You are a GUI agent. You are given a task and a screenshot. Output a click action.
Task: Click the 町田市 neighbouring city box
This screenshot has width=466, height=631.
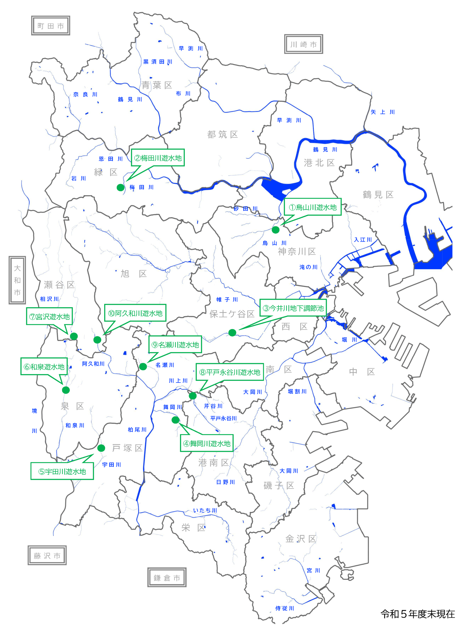click(51, 26)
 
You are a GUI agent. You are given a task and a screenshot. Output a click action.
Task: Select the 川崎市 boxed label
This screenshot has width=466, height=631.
click(303, 44)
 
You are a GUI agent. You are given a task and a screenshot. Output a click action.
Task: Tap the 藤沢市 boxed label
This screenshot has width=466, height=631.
click(47, 555)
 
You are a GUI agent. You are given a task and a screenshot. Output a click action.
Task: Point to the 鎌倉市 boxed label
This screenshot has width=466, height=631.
click(167, 577)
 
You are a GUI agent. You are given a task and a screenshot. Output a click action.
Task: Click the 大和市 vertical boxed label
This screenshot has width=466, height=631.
click(17, 280)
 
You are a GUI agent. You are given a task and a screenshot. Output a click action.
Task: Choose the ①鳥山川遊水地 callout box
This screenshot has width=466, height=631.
click(312, 207)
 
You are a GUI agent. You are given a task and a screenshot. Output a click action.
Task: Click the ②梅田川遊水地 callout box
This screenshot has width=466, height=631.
click(158, 158)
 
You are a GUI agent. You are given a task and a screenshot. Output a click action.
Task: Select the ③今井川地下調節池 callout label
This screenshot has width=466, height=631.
click(293, 308)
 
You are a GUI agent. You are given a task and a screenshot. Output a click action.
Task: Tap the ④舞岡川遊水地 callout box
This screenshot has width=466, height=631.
click(207, 443)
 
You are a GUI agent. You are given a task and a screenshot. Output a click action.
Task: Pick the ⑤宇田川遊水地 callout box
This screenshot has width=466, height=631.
click(62, 471)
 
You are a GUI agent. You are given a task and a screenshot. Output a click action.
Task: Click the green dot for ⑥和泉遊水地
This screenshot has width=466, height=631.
click(66, 390)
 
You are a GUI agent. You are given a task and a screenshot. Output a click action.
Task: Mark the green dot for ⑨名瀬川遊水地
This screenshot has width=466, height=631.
click(143, 367)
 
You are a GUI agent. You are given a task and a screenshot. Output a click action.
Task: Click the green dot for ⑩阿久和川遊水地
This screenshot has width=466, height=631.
click(97, 340)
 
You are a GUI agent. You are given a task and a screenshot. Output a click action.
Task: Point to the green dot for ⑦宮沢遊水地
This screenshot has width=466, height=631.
click(74, 336)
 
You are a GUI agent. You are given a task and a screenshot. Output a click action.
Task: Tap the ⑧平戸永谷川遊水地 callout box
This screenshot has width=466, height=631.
click(230, 372)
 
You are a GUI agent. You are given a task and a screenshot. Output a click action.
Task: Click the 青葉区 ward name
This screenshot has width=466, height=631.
click(157, 85)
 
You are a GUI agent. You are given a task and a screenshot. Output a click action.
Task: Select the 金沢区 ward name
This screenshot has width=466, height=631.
click(300, 539)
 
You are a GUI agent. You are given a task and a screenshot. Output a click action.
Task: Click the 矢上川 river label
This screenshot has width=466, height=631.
click(383, 112)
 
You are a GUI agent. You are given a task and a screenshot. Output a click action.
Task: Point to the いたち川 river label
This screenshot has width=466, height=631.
click(205, 510)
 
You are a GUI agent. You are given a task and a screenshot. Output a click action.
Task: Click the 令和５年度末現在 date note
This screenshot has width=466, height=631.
click(418, 614)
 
